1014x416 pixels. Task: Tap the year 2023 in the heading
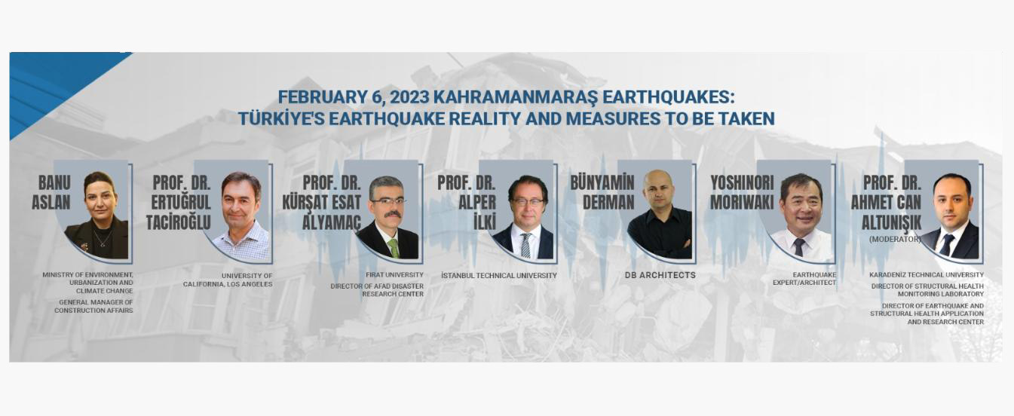pyautogui.click(x=409, y=97)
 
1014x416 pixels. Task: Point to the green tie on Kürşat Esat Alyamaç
pyautogui.click(x=394, y=248)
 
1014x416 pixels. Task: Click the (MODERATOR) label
pyautogui.click(x=895, y=239)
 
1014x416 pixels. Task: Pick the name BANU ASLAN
pyautogui.click(x=51, y=193)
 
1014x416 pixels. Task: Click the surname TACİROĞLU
pyautogui.click(x=179, y=222)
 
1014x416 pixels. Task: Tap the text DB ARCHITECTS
pyautogui.click(x=660, y=275)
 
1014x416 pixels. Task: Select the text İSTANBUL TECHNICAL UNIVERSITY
pyautogui.click(x=499, y=275)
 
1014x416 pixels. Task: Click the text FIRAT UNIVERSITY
pyautogui.click(x=395, y=275)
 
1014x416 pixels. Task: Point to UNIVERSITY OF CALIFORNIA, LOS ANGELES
pyautogui.click(x=228, y=280)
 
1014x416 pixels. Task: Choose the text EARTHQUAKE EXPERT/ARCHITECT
pyautogui.click(x=804, y=278)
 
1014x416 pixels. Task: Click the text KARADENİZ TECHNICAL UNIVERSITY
pyautogui.click(x=927, y=275)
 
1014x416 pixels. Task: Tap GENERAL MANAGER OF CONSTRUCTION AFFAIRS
pyautogui.click(x=93, y=307)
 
